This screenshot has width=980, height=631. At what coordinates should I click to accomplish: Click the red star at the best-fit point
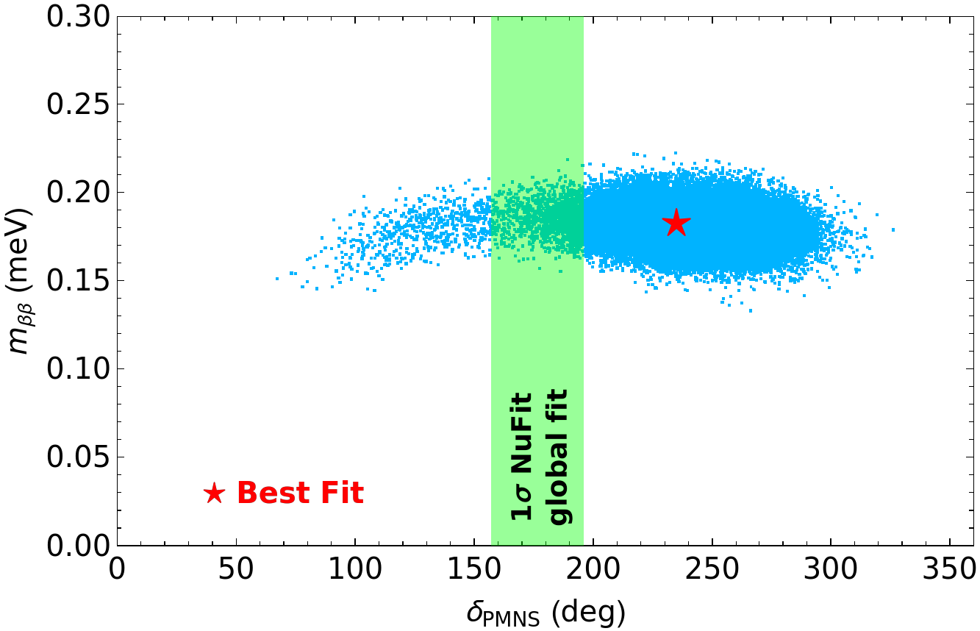point(676,222)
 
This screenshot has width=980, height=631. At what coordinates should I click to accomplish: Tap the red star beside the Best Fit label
point(215,493)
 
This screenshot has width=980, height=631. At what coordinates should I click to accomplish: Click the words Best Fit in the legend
point(300,493)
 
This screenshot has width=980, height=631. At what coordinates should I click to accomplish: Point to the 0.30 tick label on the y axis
point(78,18)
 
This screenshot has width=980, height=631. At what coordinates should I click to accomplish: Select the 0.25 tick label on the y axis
point(78,104)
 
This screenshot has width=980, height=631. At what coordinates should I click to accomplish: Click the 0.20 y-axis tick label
point(78,192)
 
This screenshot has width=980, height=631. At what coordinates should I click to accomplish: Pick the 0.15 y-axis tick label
point(78,280)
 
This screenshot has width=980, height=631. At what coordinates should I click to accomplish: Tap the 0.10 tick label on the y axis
point(78,369)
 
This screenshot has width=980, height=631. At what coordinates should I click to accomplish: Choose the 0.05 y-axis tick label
point(78,457)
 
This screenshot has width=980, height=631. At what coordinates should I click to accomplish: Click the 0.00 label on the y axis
point(78,545)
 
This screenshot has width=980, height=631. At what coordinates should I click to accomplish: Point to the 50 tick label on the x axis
point(236,570)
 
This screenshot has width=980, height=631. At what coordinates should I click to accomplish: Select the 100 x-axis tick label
point(355,570)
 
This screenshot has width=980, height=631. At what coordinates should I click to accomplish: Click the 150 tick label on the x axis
point(475,570)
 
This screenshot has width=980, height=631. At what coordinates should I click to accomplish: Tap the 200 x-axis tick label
point(594,570)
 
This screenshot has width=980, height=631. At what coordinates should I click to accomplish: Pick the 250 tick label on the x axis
point(712,570)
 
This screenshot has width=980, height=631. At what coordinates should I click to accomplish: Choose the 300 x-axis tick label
point(831,570)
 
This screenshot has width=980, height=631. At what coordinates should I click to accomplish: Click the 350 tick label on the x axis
point(949,570)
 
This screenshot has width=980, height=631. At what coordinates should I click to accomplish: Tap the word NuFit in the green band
point(521,432)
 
